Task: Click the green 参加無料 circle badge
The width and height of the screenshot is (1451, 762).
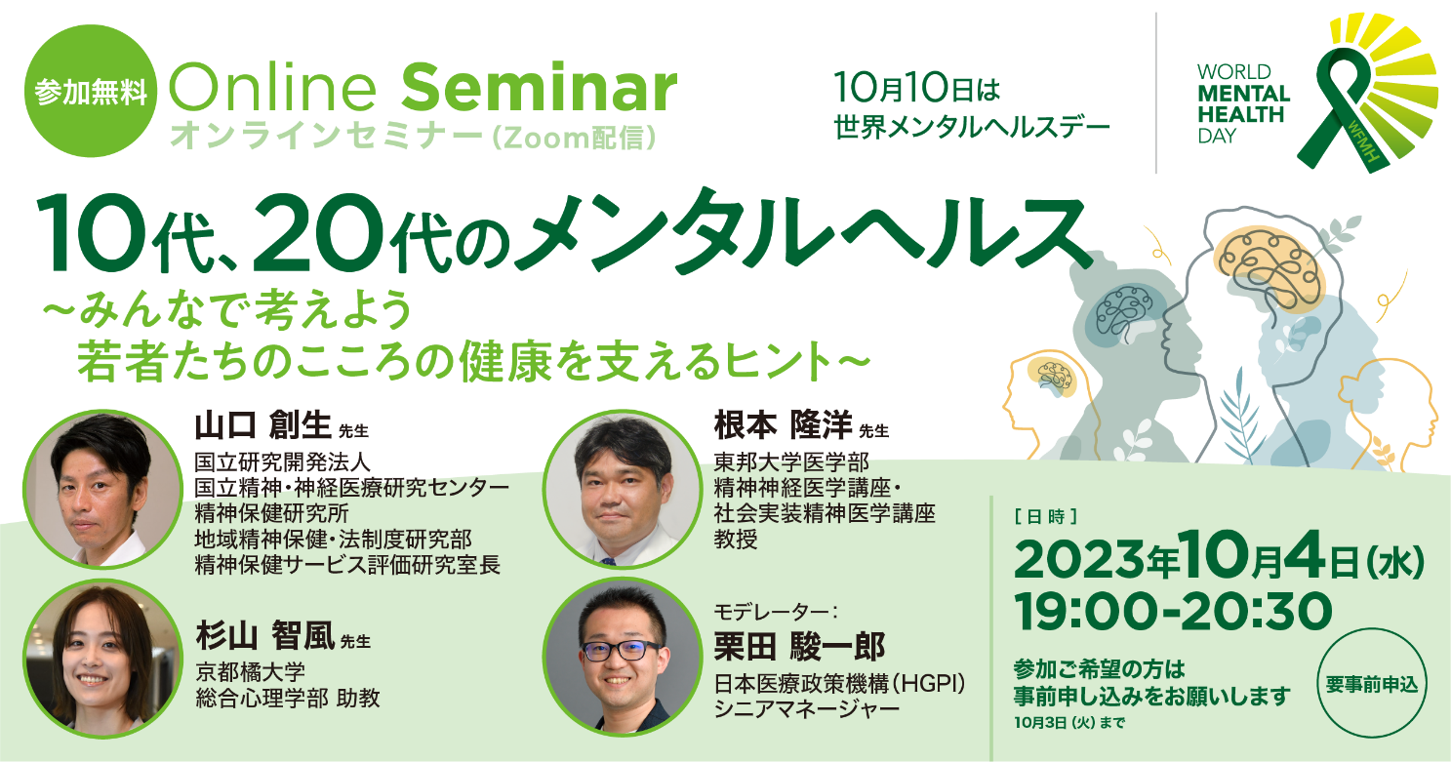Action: pyautogui.click(x=90, y=92)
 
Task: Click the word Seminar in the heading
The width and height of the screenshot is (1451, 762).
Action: pyautogui.click(x=539, y=90)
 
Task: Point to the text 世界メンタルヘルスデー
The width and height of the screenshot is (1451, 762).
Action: pyautogui.click(x=972, y=128)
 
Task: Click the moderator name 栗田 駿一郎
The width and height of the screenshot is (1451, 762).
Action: pyautogui.click(x=800, y=646)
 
